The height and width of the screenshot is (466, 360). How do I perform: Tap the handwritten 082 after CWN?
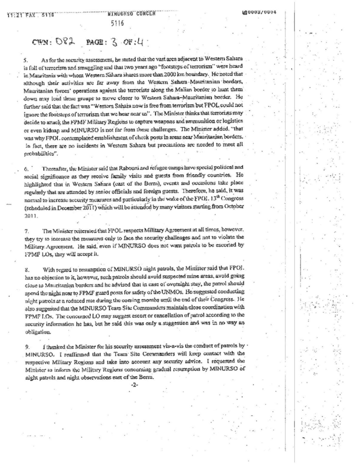[61, 42]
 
